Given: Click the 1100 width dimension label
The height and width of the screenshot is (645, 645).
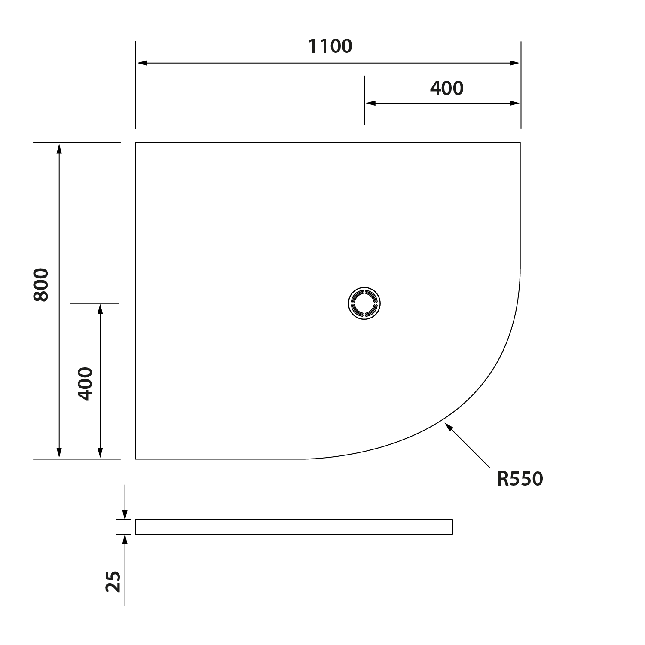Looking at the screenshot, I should (330, 46).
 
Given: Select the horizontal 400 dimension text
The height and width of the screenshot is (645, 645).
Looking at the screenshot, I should (446, 88).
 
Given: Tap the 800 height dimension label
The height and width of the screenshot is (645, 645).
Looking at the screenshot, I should (41, 284).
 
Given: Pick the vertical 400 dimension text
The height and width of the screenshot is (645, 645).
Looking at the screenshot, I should (85, 384).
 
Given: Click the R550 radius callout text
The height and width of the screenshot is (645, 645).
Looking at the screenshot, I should (520, 479).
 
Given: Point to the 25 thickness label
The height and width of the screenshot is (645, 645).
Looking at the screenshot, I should (113, 581).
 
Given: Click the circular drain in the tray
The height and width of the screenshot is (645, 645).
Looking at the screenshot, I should (364, 303).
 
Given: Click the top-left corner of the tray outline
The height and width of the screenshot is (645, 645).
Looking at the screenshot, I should (136, 142).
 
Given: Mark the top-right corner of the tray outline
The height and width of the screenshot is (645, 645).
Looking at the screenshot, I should (520, 142).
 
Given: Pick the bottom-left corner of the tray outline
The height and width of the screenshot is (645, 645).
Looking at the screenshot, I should (136, 459).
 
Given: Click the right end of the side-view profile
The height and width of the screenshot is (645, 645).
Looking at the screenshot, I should (452, 527).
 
